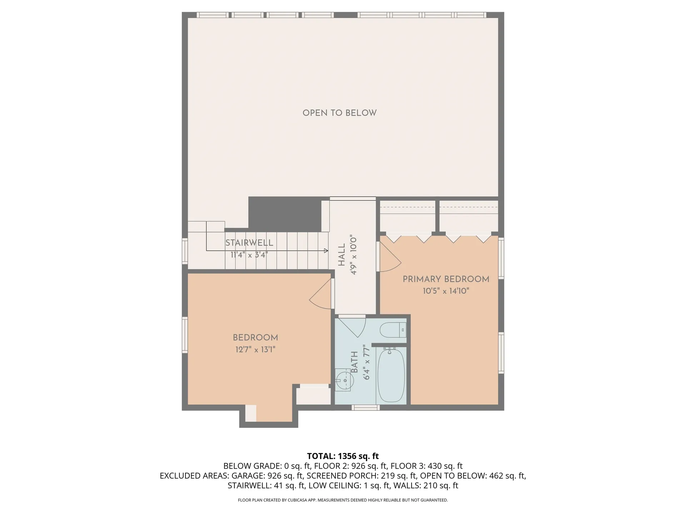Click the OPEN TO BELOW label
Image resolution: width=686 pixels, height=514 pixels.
[x=339, y=113]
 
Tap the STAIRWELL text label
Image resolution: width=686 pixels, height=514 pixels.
[x=249, y=243]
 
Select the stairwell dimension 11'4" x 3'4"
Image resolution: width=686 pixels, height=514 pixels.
[x=249, y=255]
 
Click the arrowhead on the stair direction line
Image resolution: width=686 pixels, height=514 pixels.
[x=326, y=251]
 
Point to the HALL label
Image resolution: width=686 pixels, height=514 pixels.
[x=342, y=255]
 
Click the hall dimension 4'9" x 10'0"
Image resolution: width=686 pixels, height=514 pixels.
[x=354, y=255]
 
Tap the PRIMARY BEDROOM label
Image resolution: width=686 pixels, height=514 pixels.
[x=446, y=279]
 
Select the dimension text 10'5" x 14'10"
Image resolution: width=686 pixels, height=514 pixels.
[x=446, y=291]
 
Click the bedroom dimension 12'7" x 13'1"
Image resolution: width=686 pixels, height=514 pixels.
[x=255, y=349]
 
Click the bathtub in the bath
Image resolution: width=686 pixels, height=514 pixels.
[x=391, y=375]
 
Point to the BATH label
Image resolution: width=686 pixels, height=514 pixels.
[x=354, y=362]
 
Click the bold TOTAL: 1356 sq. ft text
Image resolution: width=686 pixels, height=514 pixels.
[x=343, y=456]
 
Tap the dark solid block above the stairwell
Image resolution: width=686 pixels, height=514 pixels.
[x=284, y=213]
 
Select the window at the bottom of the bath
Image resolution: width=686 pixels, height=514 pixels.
[x=365, y=407]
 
